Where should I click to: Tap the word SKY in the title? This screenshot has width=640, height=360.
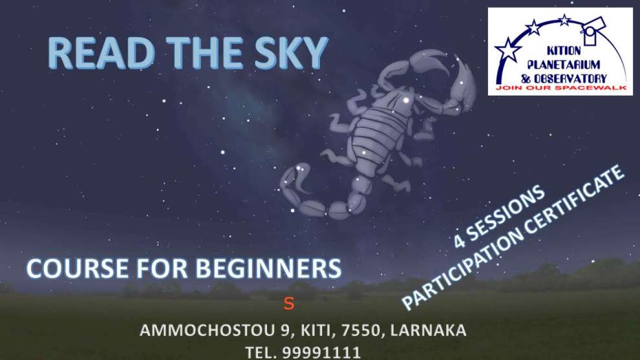point(291,53)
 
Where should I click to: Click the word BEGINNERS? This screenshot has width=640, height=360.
point(268,269)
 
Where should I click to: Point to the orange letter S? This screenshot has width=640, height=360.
point(289,304)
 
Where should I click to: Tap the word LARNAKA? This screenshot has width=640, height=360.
point(428,330)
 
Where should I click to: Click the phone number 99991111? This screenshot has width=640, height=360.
point(322,352)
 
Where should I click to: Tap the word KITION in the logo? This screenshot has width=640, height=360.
point(564,50)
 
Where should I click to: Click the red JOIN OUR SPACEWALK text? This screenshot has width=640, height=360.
point(561,88)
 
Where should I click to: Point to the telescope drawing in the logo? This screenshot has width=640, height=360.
point(593,29)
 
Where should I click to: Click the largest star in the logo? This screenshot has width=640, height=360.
point(507,49)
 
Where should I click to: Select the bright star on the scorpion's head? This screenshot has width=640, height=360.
point(406,100)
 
